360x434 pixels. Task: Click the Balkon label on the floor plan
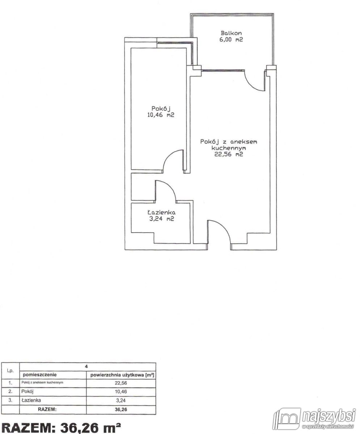[231, 33]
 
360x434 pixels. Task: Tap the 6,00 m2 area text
[231, 39]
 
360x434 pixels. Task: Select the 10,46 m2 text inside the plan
[161, 115]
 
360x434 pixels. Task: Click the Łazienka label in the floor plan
[161, 212]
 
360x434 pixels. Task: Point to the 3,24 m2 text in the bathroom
[162, 219]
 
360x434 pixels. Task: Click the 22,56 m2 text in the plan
[229, 154]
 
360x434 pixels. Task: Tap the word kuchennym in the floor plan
[229, 148]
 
